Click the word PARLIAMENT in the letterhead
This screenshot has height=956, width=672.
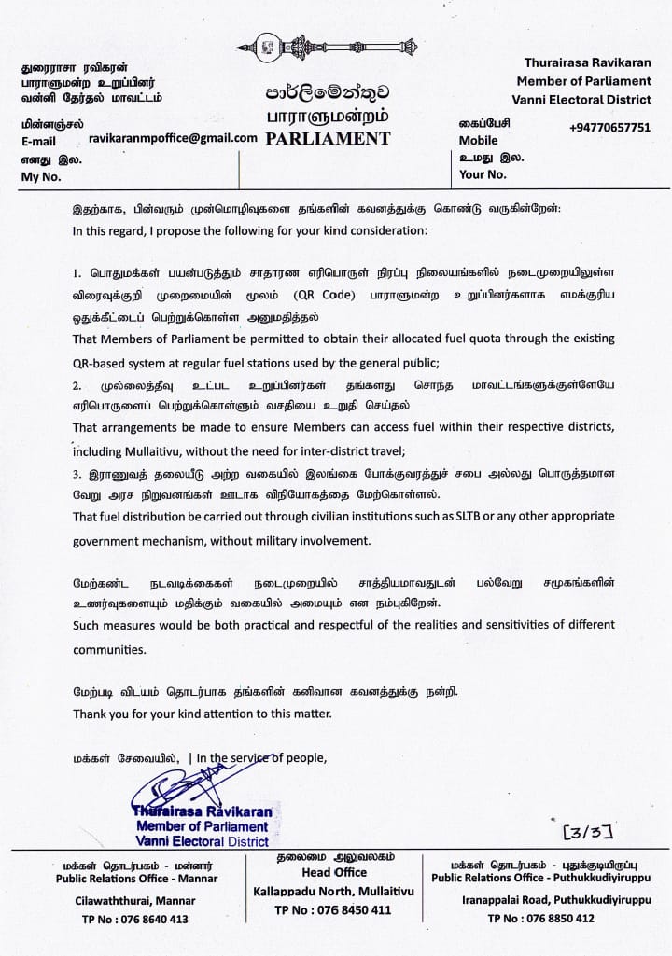[328, 139]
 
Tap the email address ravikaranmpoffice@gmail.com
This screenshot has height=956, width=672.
[173, 137]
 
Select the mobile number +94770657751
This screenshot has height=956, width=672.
[609, 128]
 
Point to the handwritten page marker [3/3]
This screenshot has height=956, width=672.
[586, 827]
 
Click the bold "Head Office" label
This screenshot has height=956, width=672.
[329, 872]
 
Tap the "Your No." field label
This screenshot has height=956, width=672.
[483, 174]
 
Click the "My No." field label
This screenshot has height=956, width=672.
[40, 176]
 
